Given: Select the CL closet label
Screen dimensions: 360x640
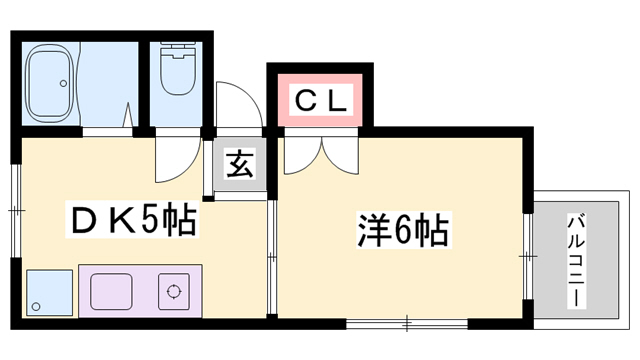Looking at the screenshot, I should click(319, 99).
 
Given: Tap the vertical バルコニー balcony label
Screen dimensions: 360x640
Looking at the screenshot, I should click(578, 260).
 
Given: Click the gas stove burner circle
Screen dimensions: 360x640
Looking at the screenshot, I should click(173, 293).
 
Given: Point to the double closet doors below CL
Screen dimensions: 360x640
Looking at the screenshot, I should click(320, 150).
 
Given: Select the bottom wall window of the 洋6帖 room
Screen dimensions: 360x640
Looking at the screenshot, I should click(405, 323).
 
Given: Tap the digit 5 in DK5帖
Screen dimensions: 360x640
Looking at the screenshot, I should click(147, 219).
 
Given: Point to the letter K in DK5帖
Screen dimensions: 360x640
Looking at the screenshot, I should click(112, 219).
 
